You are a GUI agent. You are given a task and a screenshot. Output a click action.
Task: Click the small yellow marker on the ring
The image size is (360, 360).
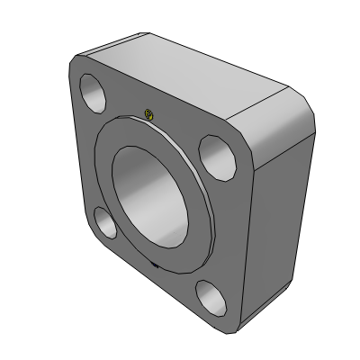pyautogui.click(x=149, y=114)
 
